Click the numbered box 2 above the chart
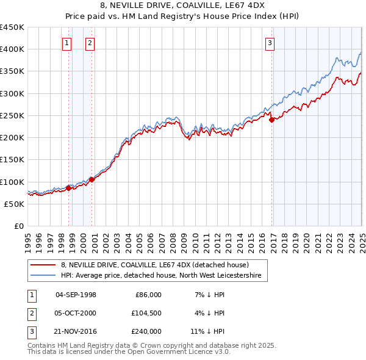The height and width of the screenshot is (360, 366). click(x=90, y=43)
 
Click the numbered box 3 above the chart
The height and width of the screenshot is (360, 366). click(x=270, y=43)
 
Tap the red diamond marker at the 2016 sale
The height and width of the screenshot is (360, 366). click(x=271, y=120)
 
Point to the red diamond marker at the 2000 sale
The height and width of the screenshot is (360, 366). click(x=92, y=179)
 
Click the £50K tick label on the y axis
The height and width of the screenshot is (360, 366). click(x=14, y=204)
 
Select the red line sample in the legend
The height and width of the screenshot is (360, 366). click(x=43, y=265)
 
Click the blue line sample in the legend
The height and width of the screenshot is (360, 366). click(x=43, y=276)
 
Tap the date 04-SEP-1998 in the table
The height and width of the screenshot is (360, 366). click(x=76, y=295)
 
